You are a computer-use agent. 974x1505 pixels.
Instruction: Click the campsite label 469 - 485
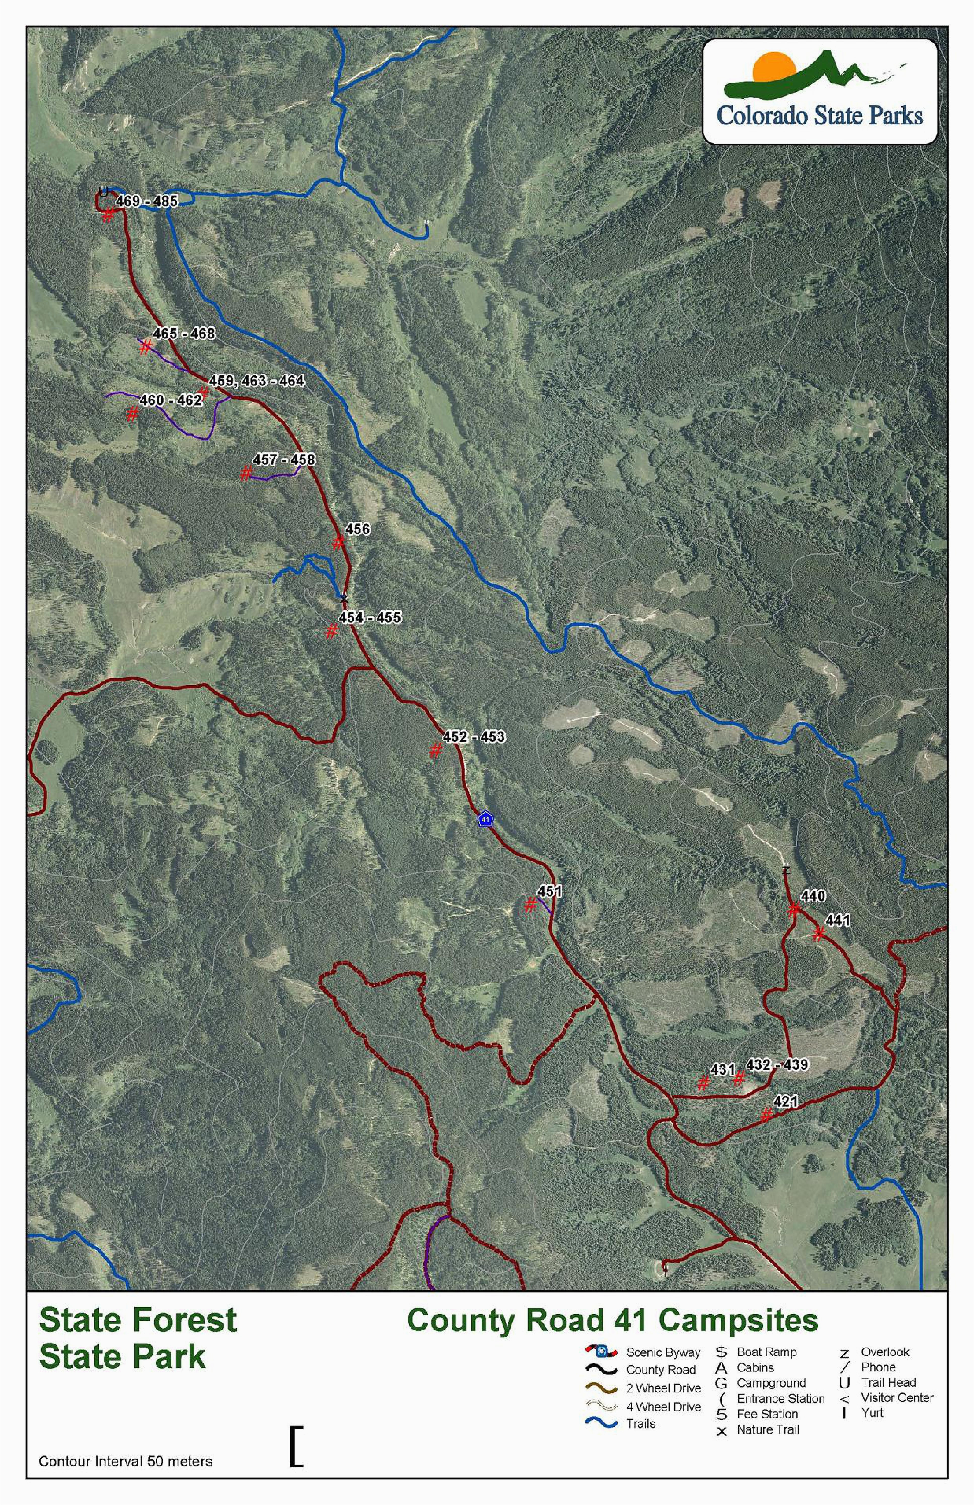point(147,201)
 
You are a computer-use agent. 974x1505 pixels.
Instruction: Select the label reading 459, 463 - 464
point(257,381)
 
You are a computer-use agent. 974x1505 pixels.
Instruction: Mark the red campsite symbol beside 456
point(338,542)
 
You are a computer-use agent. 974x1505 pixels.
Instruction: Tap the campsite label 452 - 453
point(474,737)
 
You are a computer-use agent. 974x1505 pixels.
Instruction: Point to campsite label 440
point(813,896)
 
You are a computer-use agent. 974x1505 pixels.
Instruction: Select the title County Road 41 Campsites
point(612,1321)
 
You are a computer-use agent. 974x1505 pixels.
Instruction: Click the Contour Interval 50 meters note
point(126,1461)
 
